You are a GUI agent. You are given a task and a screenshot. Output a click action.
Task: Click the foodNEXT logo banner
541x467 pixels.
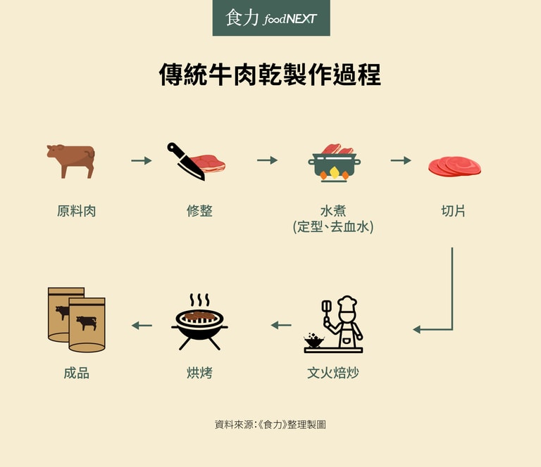271,18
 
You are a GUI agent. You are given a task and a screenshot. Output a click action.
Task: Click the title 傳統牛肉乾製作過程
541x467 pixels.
270,75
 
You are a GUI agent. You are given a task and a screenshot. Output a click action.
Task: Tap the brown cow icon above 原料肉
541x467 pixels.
70,161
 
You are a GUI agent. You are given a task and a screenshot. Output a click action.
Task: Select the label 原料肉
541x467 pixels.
76,211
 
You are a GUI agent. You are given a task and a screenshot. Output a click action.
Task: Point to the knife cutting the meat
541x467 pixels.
186,161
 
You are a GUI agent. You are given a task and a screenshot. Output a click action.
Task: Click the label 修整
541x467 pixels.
199,211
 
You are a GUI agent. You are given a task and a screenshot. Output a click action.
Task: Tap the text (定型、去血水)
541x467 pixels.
333,227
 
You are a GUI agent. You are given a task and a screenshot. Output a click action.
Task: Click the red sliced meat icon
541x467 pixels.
454,167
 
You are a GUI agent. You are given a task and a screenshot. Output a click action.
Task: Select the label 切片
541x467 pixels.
453,211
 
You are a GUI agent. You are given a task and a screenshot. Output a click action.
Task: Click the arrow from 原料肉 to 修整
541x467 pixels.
142,160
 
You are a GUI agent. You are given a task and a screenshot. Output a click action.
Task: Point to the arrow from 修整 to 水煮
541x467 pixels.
267,160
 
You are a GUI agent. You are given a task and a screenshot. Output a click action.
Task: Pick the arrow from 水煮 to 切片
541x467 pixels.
401,160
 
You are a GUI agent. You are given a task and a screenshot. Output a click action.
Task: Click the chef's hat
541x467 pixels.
347,302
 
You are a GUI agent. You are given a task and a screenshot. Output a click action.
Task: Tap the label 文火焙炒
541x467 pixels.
333,373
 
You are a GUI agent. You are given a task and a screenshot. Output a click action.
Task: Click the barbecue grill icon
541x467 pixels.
199,322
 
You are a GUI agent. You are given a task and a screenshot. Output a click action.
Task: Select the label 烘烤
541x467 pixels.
199,373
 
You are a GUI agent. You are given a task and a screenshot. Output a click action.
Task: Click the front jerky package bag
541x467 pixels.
87,325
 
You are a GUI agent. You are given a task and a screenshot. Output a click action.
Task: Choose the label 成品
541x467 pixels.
76,373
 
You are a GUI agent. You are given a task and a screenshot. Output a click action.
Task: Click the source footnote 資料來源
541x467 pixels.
270,425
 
